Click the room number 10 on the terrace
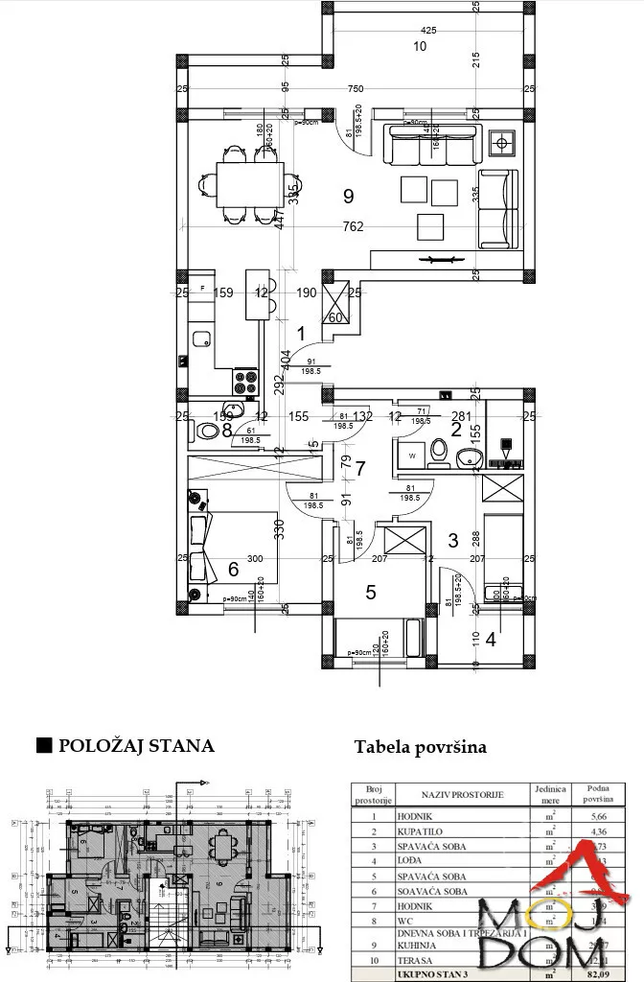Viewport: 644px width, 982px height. (x=419, y=45)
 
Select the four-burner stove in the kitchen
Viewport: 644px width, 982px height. (x=245, y=381)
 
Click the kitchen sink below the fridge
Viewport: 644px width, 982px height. (x=201, y=338)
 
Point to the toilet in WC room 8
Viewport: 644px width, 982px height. (x=207, y=431)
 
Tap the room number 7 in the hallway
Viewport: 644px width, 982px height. (x=360, y=469)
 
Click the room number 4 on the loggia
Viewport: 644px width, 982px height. (x=490, y=639)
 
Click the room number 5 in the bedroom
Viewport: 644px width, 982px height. (x=370, y=593)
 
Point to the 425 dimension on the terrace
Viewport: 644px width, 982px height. (x=428, y=31)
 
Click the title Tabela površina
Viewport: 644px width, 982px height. (x=420, y=747)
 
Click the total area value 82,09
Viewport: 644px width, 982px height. (x=596, y=974)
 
